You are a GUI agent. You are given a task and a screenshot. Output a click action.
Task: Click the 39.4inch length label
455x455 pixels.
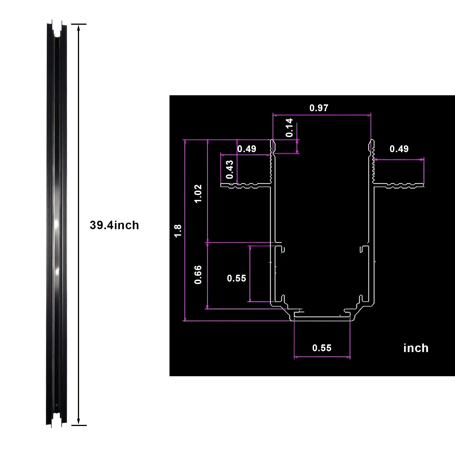[x=114, y=225]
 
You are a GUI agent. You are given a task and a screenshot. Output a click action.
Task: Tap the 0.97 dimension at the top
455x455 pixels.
[x=318, y=108]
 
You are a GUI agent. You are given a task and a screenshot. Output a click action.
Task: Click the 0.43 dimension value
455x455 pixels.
[x=230, y=169]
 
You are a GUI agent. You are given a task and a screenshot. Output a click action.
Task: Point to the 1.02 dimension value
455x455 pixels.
[x=198, y=193]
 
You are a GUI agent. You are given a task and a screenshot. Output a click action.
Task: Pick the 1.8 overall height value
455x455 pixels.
[x=178, y=231]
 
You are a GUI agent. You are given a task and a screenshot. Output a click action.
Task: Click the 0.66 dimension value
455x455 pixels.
[x=198, y=274]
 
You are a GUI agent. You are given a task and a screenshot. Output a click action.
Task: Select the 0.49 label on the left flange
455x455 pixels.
[x=247, y=149]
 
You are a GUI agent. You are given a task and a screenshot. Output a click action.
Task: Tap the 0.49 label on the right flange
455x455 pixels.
[x=399, y=149]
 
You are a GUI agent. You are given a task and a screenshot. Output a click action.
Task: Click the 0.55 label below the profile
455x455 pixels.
[x=322, y=348]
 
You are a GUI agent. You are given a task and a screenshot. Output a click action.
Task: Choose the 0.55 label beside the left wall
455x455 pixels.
[x=236, y=278]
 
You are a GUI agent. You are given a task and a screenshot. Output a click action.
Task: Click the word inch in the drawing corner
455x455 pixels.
[x=415, y=348]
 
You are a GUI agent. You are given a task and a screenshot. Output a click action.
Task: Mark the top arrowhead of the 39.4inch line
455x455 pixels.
[x=78, y=26]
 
